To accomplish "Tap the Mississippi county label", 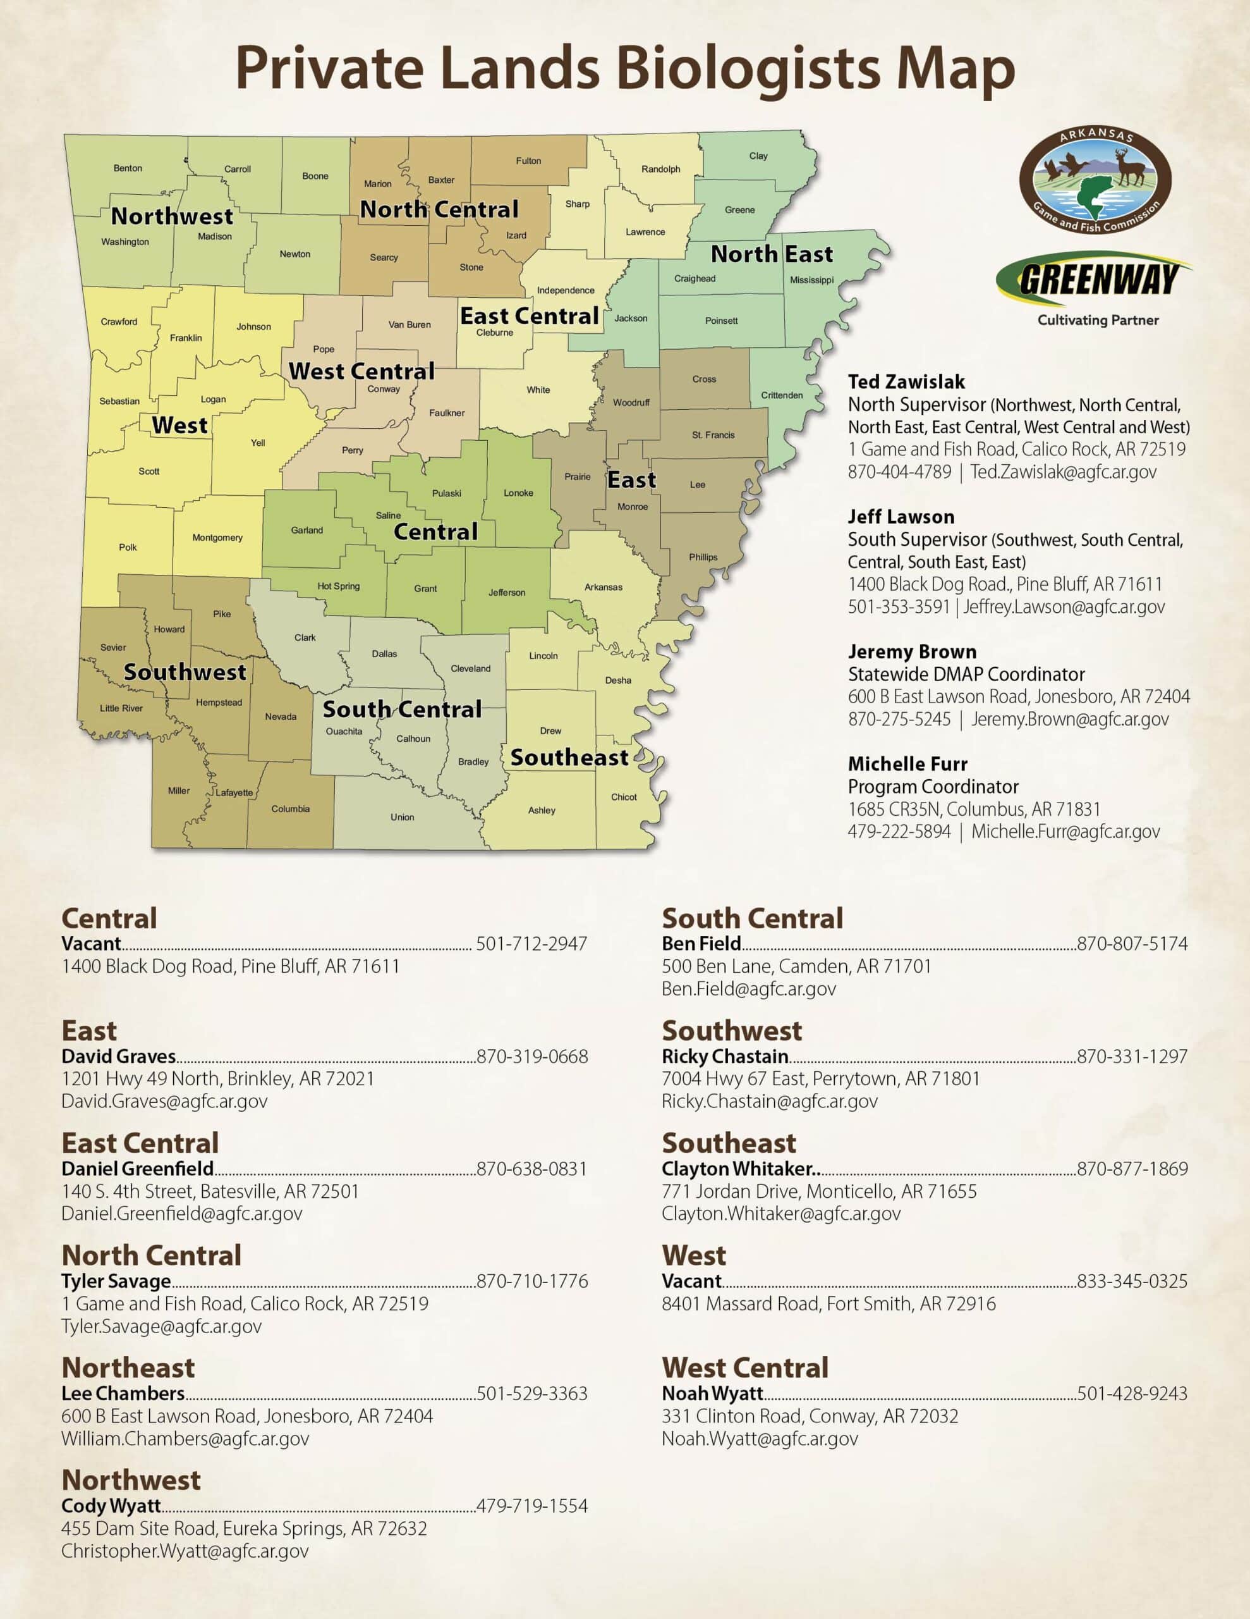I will click(x=811, y=280).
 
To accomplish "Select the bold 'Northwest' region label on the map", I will click(x=172, y=216).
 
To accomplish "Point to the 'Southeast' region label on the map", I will click(x=569, y=758).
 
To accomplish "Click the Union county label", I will click(x=403, y=817).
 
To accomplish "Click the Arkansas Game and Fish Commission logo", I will click(x=1095, y=180).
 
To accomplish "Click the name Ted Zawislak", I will click(x=906, y=382).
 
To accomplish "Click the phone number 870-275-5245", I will click(x=899, y=719).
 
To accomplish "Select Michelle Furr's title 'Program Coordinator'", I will click(x=933, y=787).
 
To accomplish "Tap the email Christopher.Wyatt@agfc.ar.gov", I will click(x=185, y=1551).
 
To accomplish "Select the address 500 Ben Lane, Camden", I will click(x=796, y=966).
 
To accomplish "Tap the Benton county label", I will click(x=128, y=168).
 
